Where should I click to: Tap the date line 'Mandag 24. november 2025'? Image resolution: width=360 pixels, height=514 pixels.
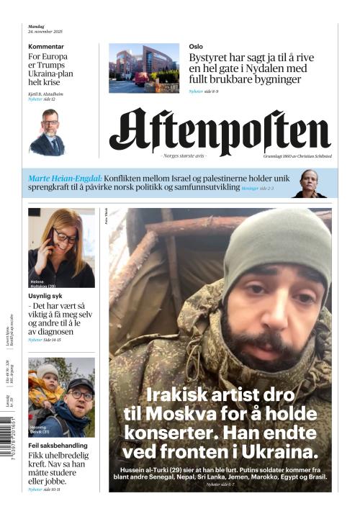[x=45, y=30]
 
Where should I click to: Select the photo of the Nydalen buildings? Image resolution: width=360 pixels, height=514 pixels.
[x=144, y=68]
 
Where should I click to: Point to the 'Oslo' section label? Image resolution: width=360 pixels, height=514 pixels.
[x=196, y=47]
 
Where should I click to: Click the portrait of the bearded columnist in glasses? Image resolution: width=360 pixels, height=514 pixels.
[x=48, y=132]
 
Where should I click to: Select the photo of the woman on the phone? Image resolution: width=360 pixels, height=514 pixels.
[x=61, y=248]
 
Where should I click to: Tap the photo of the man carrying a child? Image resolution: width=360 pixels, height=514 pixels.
[x=61, y=397]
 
